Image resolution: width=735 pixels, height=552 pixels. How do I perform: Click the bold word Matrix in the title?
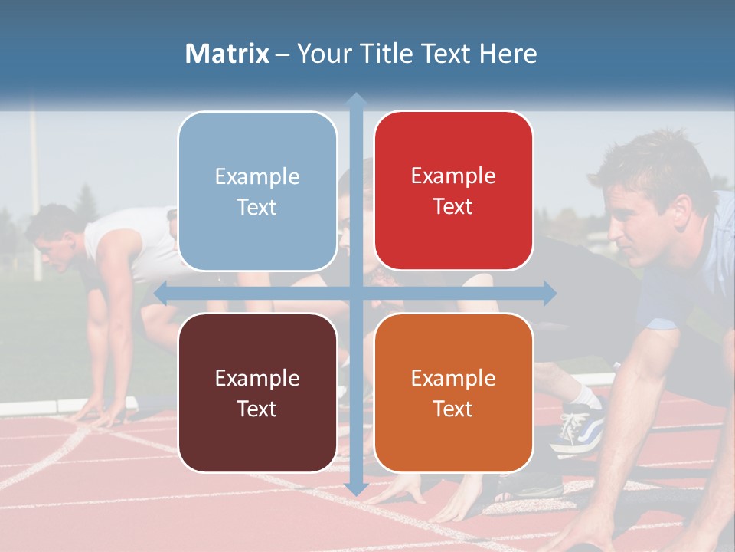pyautogui.click(x=227, y=54)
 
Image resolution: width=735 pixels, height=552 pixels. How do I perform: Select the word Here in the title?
pyautogui.click(x=508, y=54)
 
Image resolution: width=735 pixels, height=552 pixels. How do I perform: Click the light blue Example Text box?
pyautogui.click(x=257, y=191)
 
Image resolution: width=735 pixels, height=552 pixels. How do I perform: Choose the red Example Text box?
pyautogui.click(x=453, y=191)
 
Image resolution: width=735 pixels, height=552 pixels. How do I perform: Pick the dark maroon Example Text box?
pyautogui.click(x=257, y=393)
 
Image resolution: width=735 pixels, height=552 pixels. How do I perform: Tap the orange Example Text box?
pyautogui.click(x=453, y=393)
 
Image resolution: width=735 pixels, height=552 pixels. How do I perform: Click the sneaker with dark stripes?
pyautogui.click(x=579, y=429)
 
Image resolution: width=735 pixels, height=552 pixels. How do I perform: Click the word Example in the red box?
pyautogui.click(x=453, y=176)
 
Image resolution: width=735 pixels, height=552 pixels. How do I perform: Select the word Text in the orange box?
pyautogui.click(x=453, y=409)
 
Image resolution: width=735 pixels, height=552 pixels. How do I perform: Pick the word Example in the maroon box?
pyautogui.click(x=257, y=378)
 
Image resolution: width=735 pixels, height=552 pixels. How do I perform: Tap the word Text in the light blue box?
pyautogui.click(x=257, y=207)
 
